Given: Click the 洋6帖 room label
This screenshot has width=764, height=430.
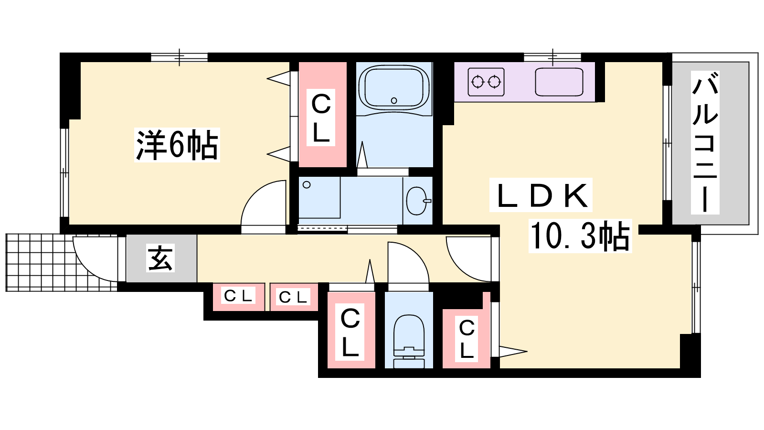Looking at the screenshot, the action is point(177,145).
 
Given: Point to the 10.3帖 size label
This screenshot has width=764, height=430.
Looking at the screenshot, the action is point(580,236).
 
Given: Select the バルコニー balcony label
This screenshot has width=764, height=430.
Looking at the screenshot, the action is point(705,143).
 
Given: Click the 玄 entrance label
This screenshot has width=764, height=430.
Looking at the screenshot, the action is point(160,258).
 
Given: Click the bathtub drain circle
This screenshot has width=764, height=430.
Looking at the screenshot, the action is point(394,100).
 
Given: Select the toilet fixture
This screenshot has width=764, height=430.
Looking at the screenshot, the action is point(409,341).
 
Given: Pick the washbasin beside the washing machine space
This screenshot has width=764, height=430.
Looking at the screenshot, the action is point(417,201).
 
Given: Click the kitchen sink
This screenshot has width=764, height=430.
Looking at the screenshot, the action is point(559,82).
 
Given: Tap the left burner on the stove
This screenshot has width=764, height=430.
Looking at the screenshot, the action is point(477,82).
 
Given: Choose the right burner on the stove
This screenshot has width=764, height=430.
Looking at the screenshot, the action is point(494,82).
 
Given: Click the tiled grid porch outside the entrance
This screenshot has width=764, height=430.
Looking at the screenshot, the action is point(62,262).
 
